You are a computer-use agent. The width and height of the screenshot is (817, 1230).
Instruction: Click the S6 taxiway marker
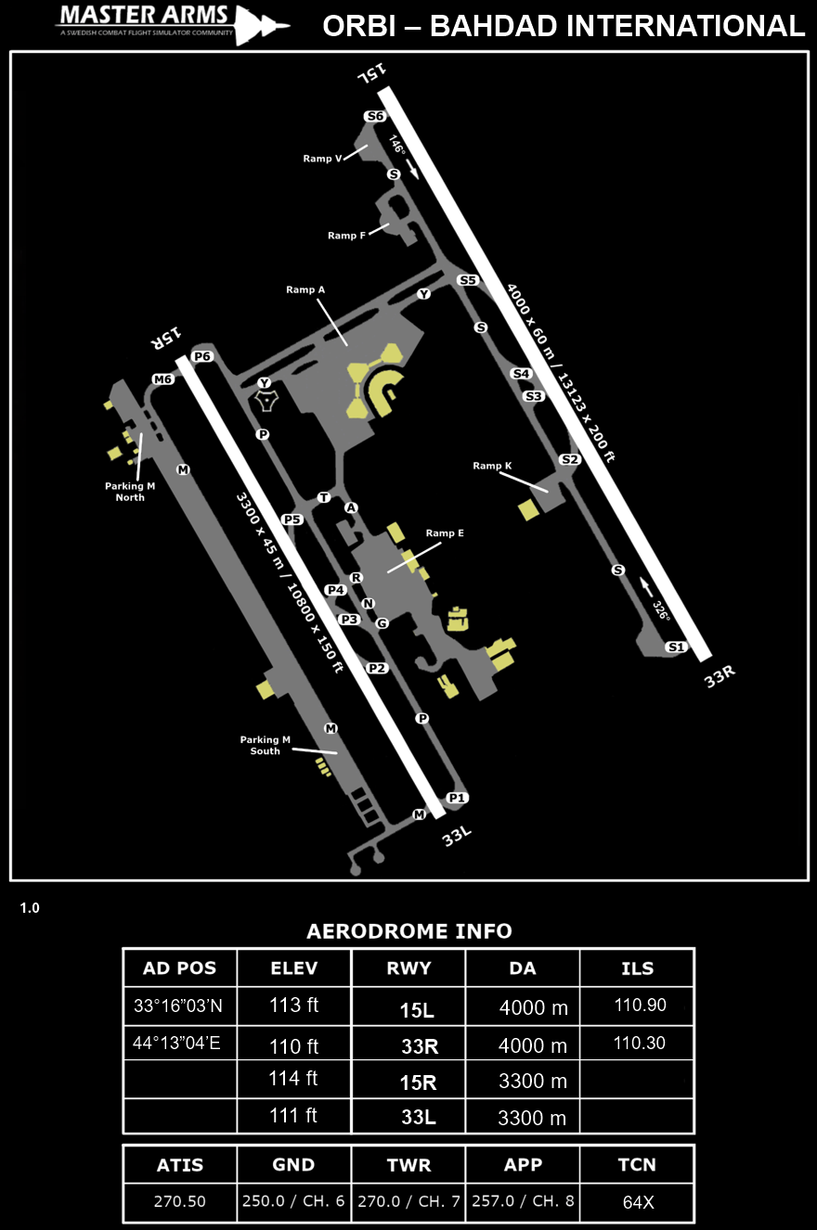point(375,116)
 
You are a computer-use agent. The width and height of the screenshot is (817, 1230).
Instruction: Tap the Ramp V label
point(322,159)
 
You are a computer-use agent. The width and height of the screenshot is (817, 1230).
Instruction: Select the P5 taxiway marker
point(292,519)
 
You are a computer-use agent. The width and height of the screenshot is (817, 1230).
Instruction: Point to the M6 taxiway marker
point(162,378)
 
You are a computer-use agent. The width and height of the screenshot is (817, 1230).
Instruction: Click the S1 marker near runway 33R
point(677,647)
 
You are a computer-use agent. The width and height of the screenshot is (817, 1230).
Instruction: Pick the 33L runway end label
point(457,837)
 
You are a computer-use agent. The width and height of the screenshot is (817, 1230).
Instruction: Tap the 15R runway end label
point(165,338)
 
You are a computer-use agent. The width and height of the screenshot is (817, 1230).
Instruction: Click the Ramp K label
point(492,466)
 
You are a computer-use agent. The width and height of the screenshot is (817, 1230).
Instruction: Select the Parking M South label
point(265,745)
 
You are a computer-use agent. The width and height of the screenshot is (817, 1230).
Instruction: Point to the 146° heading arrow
point(412,169)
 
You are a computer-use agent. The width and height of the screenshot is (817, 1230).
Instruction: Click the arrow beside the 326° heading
point(647,587)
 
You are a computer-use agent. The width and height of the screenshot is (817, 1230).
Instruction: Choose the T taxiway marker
point(324,497)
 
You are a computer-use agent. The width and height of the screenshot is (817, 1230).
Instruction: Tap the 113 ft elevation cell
point(294,1005)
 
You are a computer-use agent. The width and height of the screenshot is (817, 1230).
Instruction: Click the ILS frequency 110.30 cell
point(639,1043)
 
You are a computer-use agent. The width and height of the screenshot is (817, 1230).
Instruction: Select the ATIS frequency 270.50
point(180,1201)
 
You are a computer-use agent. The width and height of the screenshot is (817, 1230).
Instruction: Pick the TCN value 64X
point(639,1202)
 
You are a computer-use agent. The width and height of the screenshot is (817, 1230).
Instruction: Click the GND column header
point(293,1165)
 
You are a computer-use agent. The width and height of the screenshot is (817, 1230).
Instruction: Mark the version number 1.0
point(30,908)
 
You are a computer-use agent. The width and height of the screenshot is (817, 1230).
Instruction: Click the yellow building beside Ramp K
point(528,509)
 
